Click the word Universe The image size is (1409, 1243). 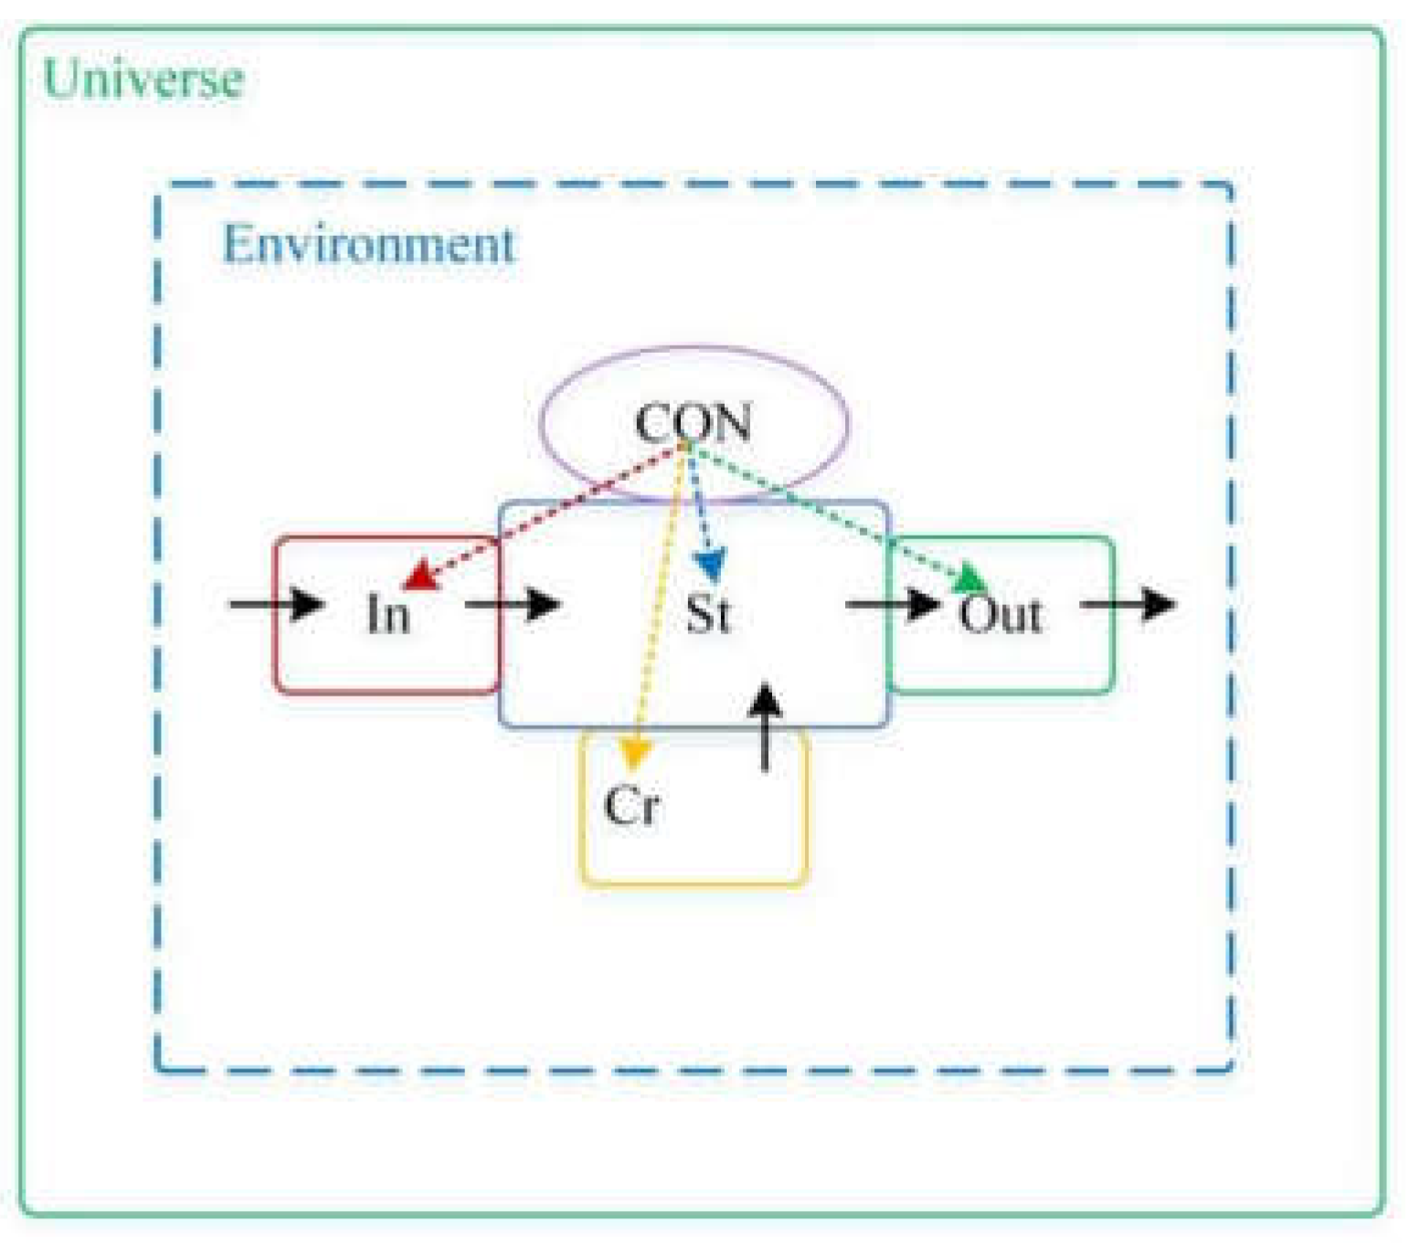[x=143, y=79]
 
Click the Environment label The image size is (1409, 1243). [x=369, y=245]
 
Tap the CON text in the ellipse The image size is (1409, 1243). [x=693, y=423]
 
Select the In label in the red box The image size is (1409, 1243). [x=387, y=613]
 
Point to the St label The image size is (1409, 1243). [x=708, y=613]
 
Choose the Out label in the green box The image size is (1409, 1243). [x=1000, y=613]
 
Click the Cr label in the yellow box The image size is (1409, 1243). [x=631, y=805]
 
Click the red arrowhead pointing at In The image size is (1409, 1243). [x=419, y=576]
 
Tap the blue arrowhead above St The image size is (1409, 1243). [x=710, y=564]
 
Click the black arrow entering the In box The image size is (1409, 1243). [x=278, y=604]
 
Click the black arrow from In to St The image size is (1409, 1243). [x=513, y=604]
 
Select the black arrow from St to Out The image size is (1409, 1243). [x=893, y=604]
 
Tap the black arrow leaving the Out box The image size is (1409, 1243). [x=1128, y=604]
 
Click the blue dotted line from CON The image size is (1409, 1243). [x=699, y=503]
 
